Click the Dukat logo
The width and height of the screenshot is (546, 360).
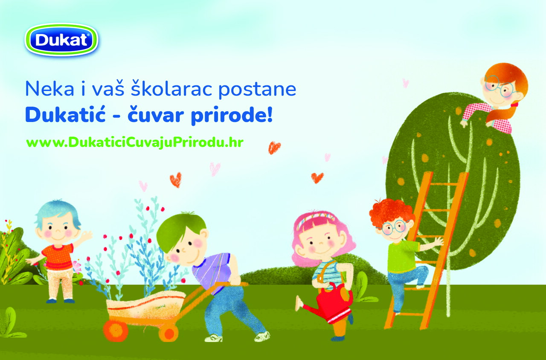click(61, 40)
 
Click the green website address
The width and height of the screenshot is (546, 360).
click(135, 142)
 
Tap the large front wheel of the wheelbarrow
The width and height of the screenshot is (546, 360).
click(116, 331)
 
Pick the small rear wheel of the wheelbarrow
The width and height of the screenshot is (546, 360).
click(168, 333)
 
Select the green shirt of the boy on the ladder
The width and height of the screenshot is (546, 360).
click(401, 257)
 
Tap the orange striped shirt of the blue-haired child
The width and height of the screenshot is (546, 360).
click(58, 257)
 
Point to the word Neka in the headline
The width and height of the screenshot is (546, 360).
click(49, 89)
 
